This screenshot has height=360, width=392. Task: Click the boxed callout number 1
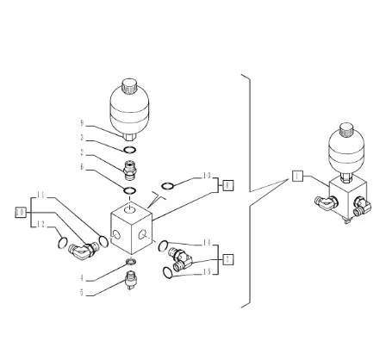pyautogui.click(x=297, y=176)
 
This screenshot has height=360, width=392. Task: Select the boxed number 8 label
pyautogui.click(x=227, y=185)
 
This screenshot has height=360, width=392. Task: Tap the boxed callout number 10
pyautogui.click(x=21, y=213)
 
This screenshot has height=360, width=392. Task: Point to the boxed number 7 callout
pyautogui.click(x=227, y=259)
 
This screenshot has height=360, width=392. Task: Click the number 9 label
pyautogui.click(x=82, y=123)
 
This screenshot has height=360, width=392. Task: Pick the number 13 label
pyautogui.click(x=207, y=176)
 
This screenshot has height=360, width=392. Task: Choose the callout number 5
pyautogui.click(x=82, y=293)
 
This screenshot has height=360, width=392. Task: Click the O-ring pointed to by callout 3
pyautogui.click(x=129, y=150)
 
